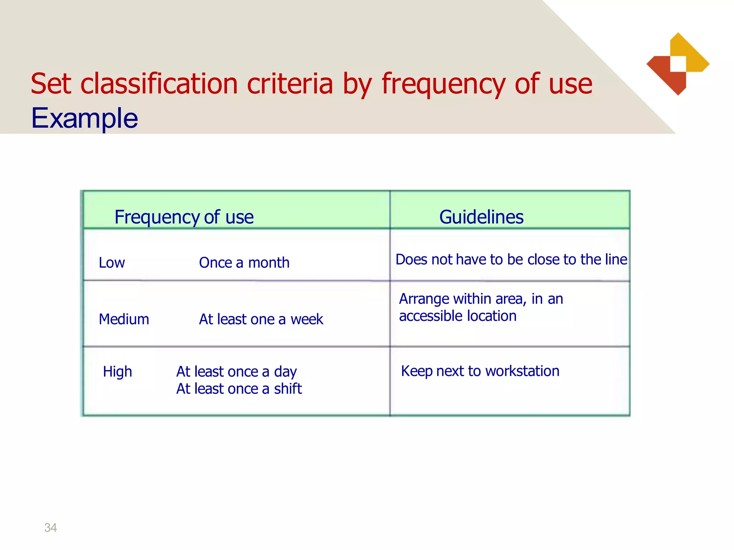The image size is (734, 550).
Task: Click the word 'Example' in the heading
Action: point(85,118)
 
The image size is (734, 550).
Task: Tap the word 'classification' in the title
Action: point(159,84)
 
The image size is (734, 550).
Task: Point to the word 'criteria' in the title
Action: point(290,84)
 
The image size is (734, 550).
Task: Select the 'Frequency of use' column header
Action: point(184,217)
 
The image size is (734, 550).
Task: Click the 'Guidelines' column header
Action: point(481,217)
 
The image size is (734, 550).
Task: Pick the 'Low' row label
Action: point(112,263)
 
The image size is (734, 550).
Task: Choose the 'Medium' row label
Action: point(124,319)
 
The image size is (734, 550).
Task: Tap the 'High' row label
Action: point(118,372)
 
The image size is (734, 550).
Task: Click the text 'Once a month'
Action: point(244,263)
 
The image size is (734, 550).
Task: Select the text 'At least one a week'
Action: point(261,319)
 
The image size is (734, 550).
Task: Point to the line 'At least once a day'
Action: point(237,372)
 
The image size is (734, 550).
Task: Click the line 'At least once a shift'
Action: point(239,389)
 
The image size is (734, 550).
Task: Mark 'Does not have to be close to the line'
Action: point(511,260)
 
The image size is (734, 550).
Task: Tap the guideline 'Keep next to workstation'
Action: point(480,371)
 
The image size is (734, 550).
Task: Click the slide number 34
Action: point(51,527)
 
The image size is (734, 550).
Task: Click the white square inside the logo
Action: point(678,64)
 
